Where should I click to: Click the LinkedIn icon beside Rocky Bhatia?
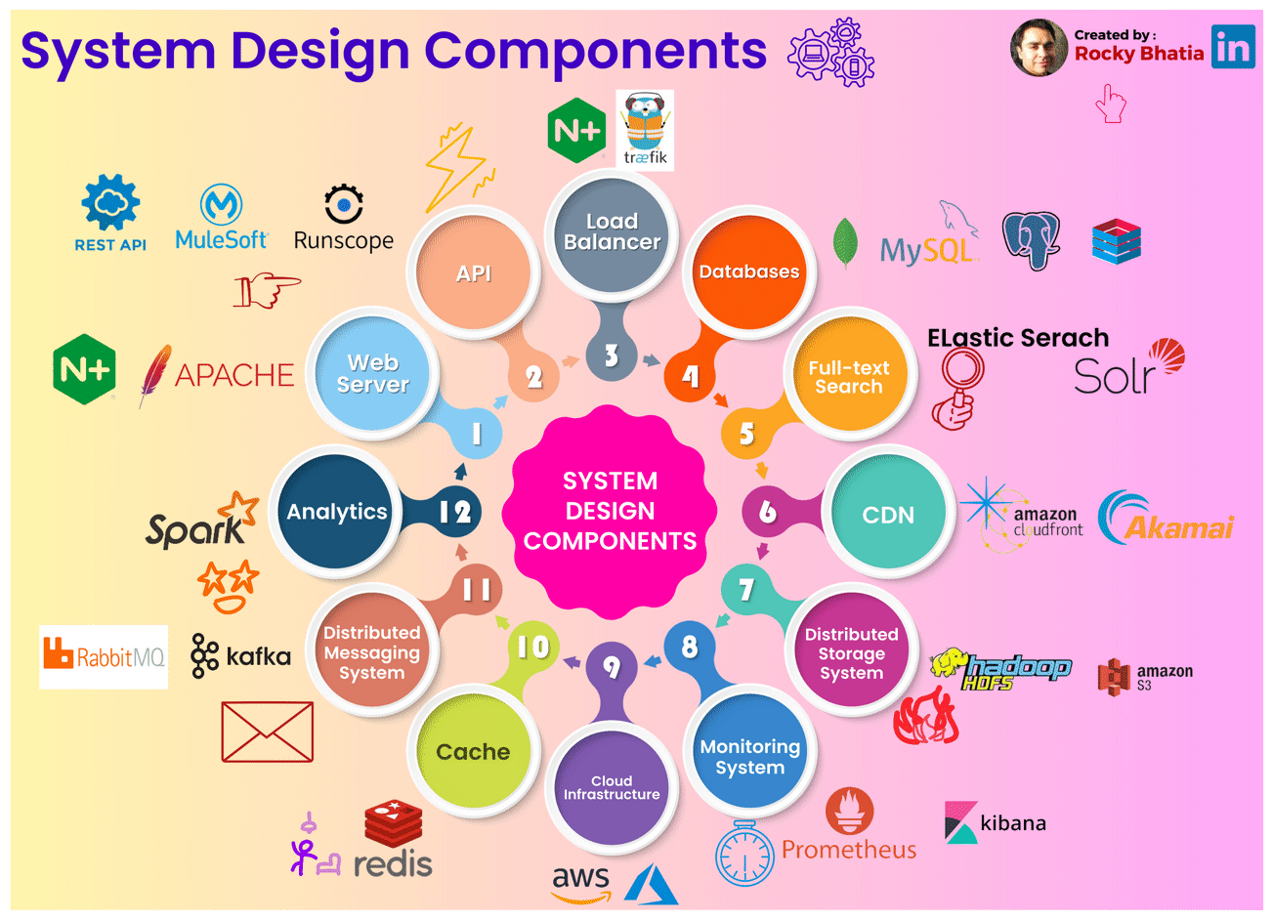pos(1233,46)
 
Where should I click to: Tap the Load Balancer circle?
pos(612,232)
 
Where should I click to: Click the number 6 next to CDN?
pos(768,511)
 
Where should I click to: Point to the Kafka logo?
pos(241,655)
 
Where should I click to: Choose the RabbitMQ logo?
pos(104,656)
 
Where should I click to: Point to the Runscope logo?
pos(344,219)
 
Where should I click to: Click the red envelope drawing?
pos(268,732)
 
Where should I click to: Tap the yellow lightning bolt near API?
pos(456,166)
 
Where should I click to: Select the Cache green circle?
pos(473,752)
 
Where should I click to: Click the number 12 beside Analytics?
pos(454,511)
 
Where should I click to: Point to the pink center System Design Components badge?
pos(610,511)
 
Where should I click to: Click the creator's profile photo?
pos(1039,47)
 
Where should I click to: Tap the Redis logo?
pos(393,841)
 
